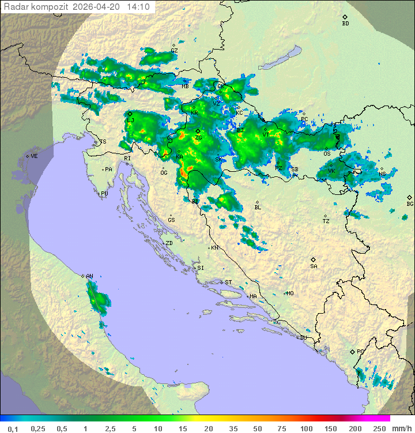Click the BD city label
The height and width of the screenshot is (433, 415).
click(345, 24)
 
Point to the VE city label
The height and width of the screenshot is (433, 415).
click(34, 156)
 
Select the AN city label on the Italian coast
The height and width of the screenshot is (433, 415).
click(89, 277)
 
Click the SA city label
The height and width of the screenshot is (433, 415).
click(314, 266)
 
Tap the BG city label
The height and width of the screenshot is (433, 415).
click(410, 204)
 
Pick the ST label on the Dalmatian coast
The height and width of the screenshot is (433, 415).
click(228, 283)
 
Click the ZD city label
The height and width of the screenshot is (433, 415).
click(169, 243)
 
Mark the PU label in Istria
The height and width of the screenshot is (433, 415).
click(104, 194)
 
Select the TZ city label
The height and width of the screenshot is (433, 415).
click(326, 221)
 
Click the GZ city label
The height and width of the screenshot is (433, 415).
click(174, 51)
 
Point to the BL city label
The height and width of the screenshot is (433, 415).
click(258, 208)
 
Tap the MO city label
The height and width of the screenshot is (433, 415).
click(290, 293)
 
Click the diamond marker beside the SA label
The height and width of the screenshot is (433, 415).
click(314, 259)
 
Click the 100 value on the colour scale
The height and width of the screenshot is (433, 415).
click(306, 428)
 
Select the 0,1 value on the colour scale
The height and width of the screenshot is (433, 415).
click(13, 428)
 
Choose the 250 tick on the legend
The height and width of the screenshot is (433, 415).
click(379, 428)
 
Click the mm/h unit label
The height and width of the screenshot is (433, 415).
click(401, 428)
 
